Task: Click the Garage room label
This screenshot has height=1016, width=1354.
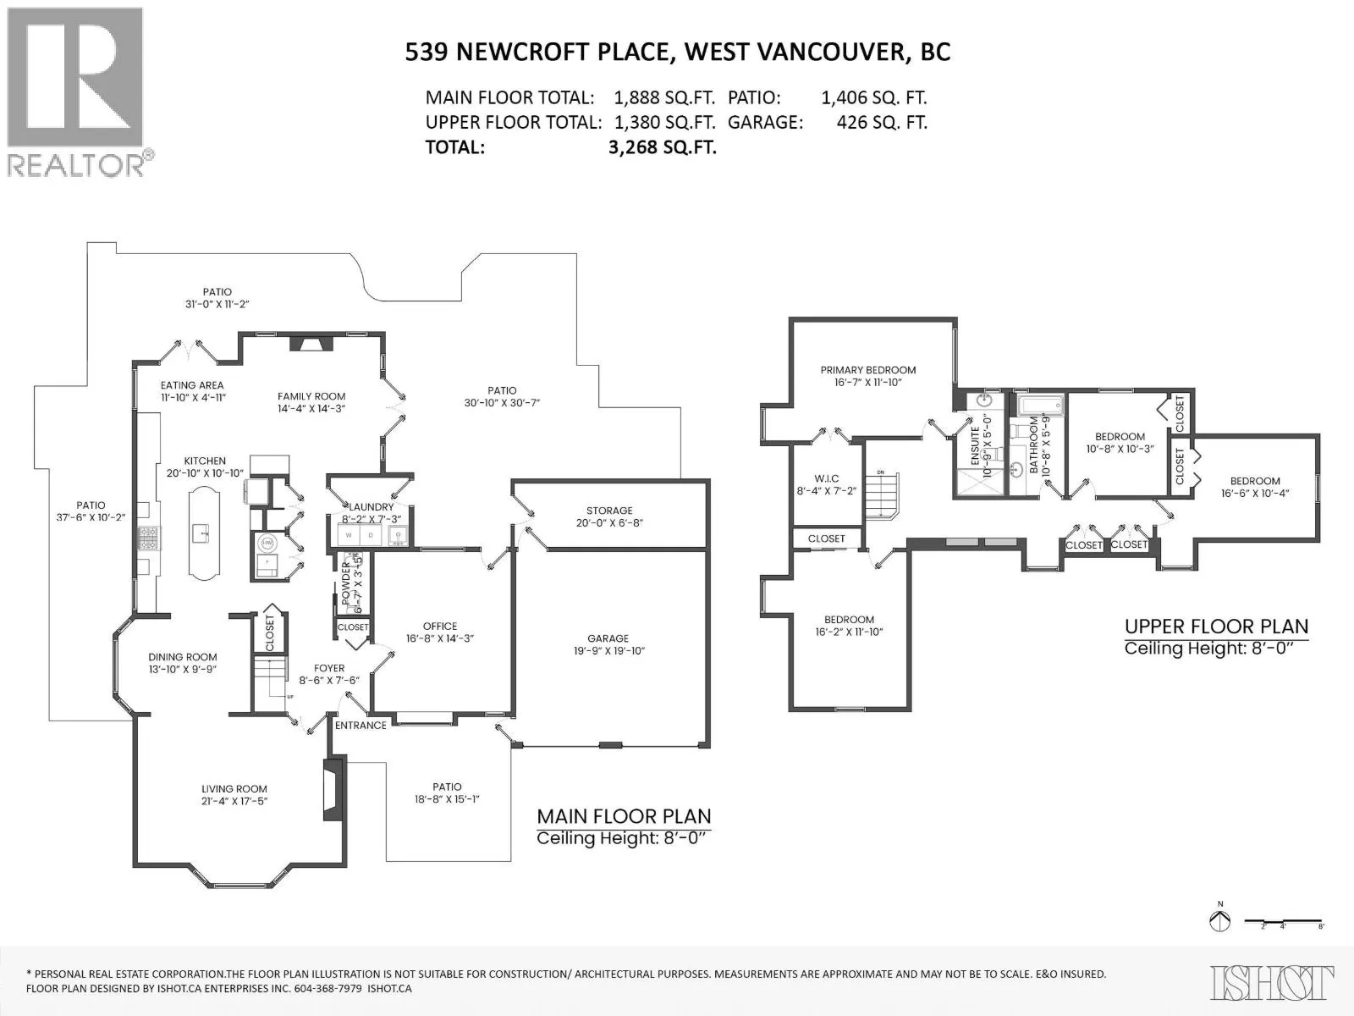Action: click(608, 638)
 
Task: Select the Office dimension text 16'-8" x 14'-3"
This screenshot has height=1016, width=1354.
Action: click(439, 638)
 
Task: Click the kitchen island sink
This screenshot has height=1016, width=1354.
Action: click(201, 533)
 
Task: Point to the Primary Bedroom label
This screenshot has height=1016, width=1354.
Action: click(867, 370)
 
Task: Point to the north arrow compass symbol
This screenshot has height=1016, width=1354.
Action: click(1219, 920)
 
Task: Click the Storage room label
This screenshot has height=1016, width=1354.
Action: click(609, 511)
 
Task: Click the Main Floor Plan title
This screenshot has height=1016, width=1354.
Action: click(624, 816)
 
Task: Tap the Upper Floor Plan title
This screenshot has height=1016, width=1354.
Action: click(1216, 627)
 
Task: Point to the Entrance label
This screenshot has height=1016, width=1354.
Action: click(361, 726)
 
